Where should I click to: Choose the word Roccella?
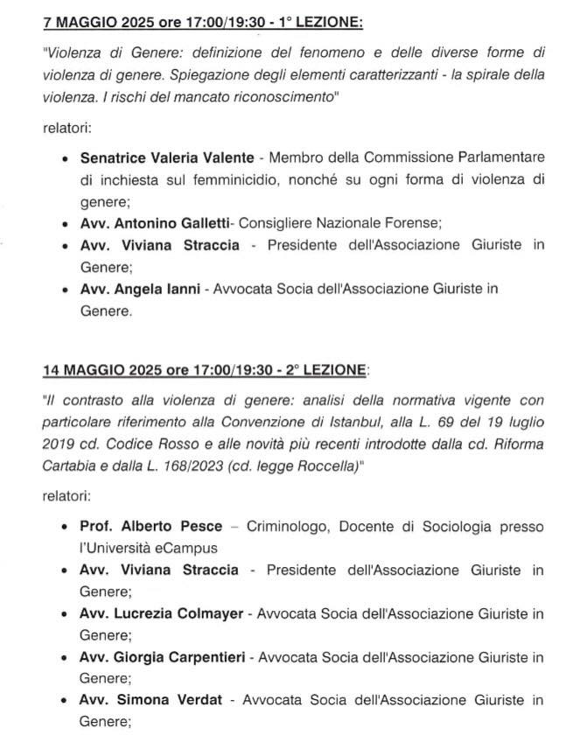pyautogui.click(x=320, y=466)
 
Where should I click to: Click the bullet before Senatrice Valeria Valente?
pyautogui.click(x=67, y=159)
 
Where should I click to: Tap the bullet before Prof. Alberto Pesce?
pyautogui.click(x=67, y=528)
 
